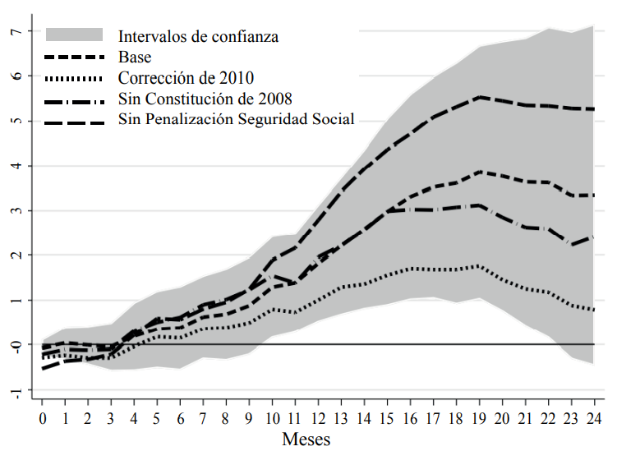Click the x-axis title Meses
point(306,439)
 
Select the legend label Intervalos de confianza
point(198,36)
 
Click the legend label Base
point(135,57)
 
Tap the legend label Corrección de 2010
point(186,78)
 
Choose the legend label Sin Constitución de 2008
point(205,99)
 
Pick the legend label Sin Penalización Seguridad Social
point(237,120)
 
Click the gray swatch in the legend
point(75,35)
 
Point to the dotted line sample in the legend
point(75,78)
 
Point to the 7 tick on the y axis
point(15,31)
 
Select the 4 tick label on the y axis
point(15,166)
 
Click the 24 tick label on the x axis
point(592,418)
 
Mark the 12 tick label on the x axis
point(317,418)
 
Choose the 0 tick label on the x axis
point(43,418)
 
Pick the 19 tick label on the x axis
point(477,418)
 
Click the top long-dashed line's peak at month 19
point(477,97)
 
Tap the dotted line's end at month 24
point(592,310)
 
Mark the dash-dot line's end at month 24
point(592,237)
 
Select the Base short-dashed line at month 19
point(477,172)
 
